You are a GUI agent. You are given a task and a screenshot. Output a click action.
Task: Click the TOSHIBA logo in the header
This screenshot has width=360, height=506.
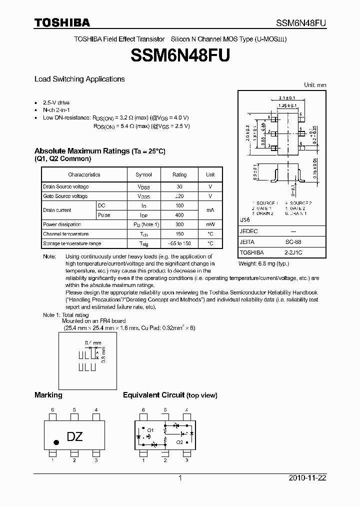62,23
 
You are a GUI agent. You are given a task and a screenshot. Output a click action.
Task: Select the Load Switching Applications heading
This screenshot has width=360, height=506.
79,79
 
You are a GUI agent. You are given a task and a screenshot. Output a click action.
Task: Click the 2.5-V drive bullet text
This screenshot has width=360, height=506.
56,102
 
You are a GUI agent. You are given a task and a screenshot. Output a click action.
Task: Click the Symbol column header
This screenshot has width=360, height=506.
144,174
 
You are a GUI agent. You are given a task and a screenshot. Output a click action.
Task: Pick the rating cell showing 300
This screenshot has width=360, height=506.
179,224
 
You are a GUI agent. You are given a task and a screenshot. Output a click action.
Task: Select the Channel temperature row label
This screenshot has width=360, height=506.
66,234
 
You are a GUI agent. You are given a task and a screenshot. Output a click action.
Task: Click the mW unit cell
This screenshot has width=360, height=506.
210,224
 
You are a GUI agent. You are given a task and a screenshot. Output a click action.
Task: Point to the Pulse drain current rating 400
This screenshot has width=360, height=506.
179,215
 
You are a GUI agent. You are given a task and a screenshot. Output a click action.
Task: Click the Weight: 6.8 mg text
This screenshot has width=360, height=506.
263,263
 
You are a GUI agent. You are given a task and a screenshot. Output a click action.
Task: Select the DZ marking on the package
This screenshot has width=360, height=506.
74,436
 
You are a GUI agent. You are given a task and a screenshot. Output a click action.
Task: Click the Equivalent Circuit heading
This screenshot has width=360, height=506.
170,395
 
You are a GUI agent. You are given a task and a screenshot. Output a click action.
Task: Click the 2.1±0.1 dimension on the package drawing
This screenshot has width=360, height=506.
286,97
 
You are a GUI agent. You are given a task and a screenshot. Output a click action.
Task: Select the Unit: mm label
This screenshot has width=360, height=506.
315,85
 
